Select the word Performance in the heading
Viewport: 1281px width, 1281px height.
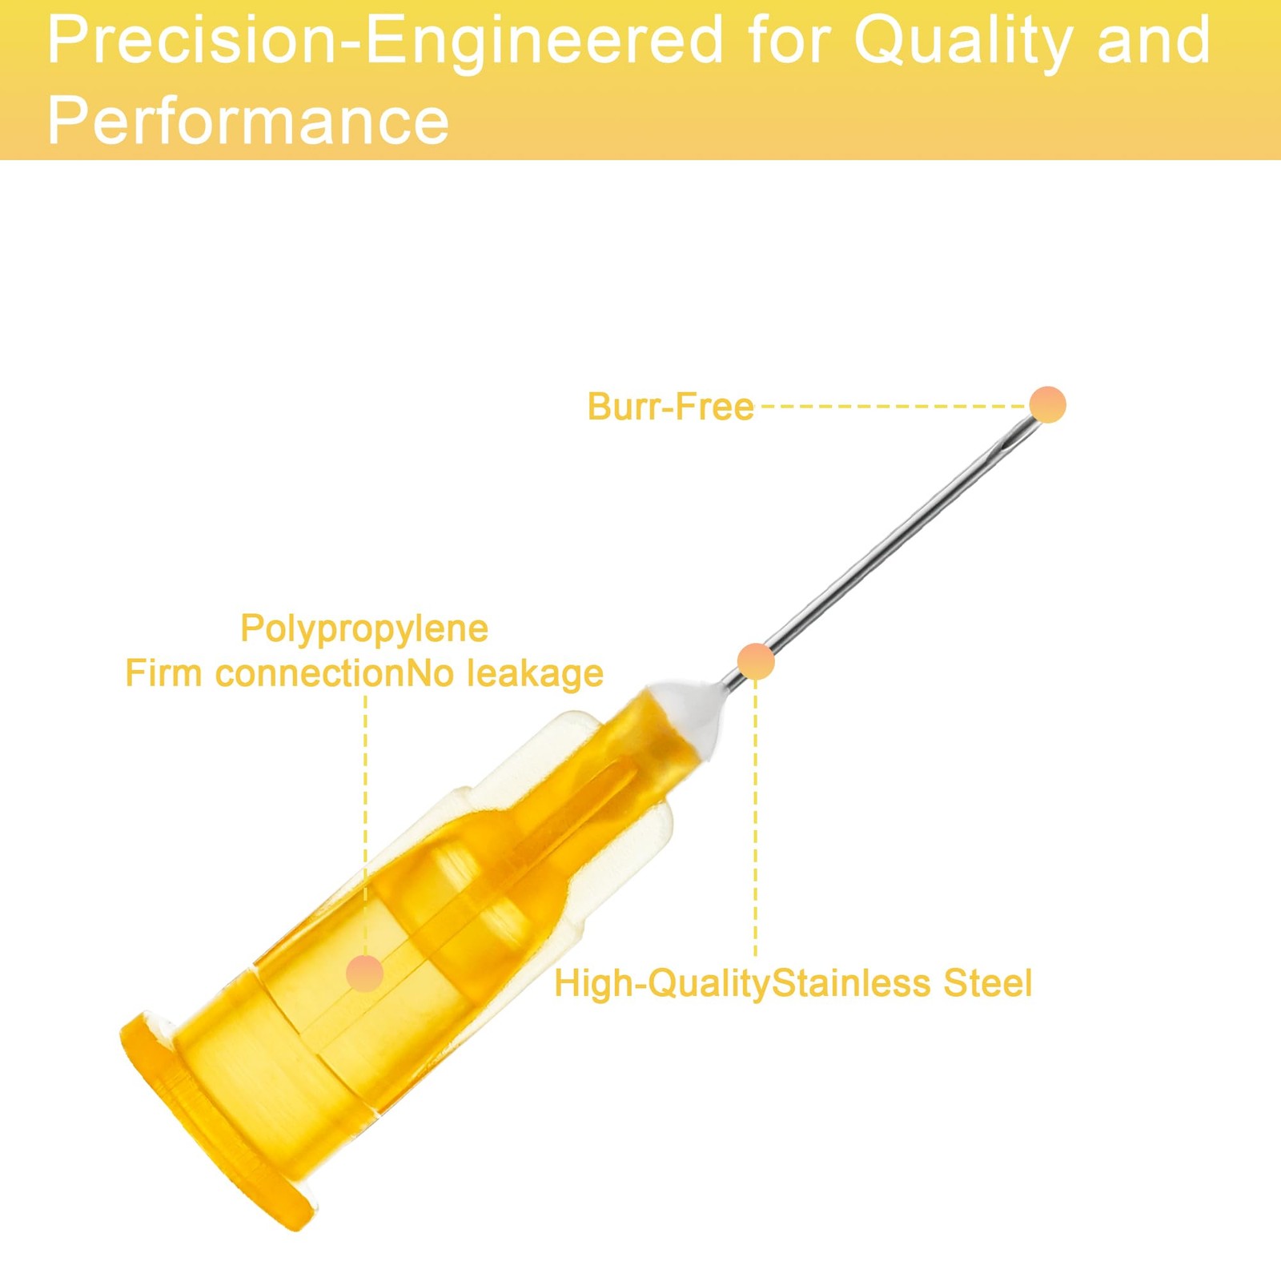[x=248, y=120]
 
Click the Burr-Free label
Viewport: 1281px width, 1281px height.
[x=670, y=407]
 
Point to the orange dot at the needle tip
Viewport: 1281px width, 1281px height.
[x=1047, y=404]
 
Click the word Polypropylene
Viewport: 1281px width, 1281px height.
[x=364, y=629]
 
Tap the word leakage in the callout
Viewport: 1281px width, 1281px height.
[x=535, y=674]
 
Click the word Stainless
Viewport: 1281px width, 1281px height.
[x=850, y=983]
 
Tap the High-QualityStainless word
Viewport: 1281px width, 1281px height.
[x=742, y=984]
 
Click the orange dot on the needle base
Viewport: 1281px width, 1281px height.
[x=756, y=661]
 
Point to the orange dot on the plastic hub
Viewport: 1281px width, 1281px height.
[x=365, y=974]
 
